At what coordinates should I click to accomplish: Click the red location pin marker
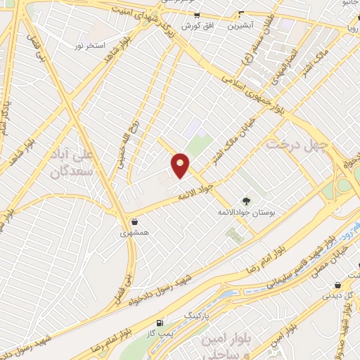point(181,165)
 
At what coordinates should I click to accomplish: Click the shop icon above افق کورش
point(197,15)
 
